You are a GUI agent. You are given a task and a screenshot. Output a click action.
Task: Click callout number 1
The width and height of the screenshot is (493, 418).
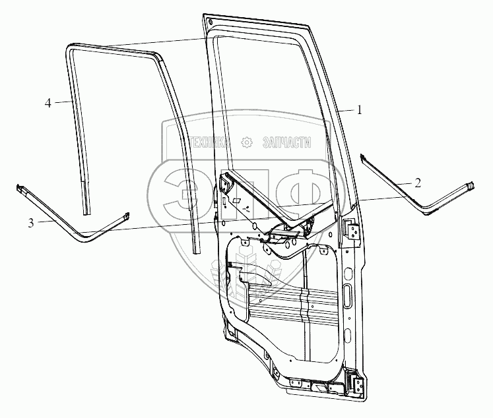[359, 111]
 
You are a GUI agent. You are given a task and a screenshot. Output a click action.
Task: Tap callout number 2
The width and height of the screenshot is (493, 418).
[418, 183]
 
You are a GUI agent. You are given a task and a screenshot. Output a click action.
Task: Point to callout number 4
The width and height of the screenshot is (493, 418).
[48, 103]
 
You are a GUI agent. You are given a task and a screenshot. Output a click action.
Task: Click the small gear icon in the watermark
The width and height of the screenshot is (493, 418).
[247, 142]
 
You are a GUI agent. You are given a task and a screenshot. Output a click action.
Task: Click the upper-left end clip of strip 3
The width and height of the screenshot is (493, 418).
[20, 189]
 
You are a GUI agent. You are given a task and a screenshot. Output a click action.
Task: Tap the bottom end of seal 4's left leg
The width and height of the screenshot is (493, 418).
[86, 210]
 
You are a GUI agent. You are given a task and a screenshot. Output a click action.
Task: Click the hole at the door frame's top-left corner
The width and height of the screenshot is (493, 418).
[210, 23]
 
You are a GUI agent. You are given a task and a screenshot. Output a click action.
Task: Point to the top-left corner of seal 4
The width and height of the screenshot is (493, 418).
[69, 47]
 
